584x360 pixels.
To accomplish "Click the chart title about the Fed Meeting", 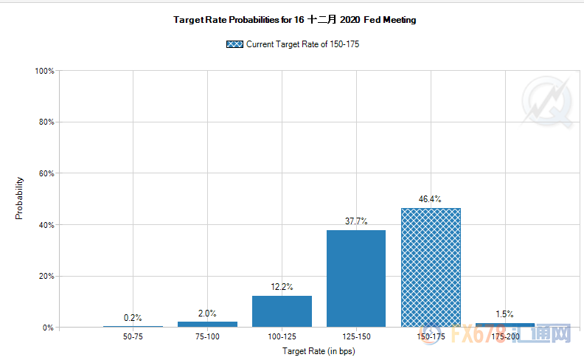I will point(295,20).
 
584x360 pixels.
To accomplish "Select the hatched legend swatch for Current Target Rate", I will point(235,44).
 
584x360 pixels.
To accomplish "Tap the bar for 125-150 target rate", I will point(355,278).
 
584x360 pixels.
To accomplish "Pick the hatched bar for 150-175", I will point(430,267).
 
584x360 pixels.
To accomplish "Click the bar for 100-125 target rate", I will point(282,311).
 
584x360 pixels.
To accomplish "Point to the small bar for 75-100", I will point(207,324).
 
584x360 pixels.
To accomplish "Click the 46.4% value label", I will point(430,199).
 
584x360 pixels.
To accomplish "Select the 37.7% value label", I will point(355,221).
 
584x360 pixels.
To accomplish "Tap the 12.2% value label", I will point(282,287).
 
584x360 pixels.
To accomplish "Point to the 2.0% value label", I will point(207,313).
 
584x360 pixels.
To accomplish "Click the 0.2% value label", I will point(133,318).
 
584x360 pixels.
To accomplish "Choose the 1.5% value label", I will point(504,314).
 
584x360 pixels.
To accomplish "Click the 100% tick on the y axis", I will point(44,71).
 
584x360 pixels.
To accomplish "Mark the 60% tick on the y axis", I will point(46,173).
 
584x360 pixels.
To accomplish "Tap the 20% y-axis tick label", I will point(46,276).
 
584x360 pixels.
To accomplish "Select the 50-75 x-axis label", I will point(133,337).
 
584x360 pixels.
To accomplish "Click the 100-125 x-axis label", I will point(282,337).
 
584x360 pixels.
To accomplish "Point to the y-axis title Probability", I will point(20,198).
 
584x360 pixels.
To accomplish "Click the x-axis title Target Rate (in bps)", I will point(319,351).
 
